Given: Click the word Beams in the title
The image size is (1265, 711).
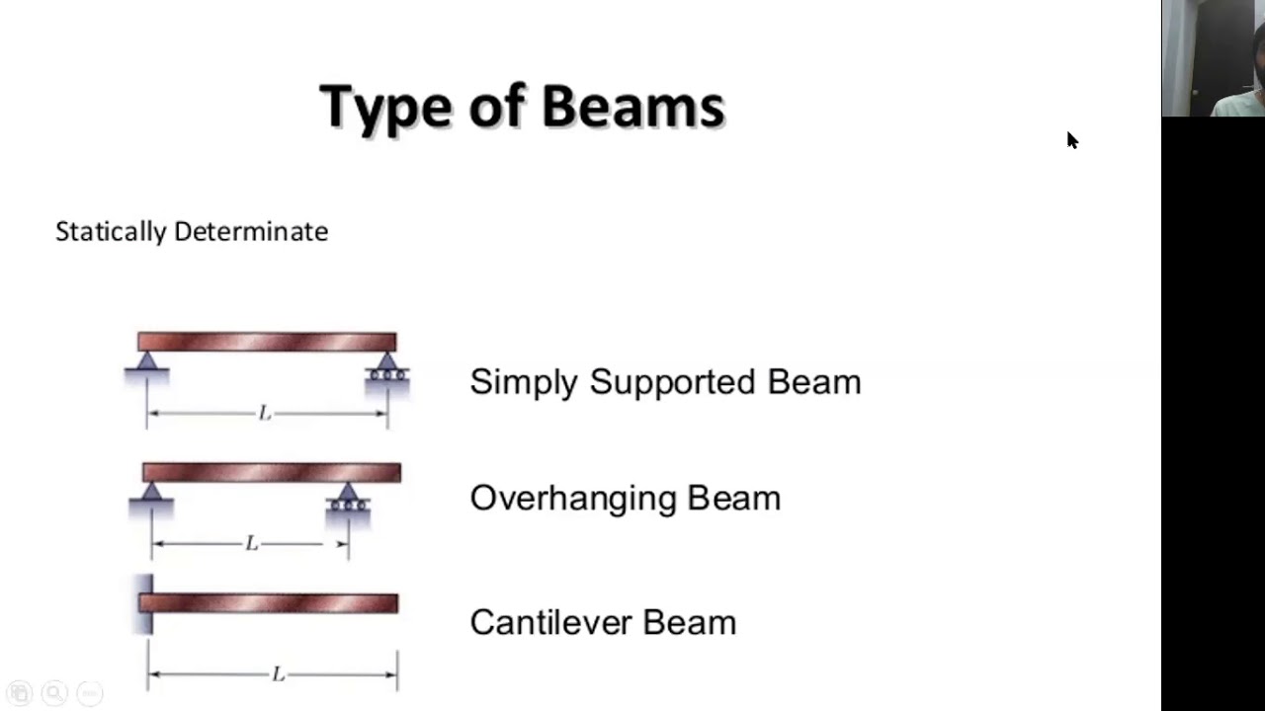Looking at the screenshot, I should tap(632, 107).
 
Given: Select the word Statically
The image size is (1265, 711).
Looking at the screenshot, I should tap(111, 232).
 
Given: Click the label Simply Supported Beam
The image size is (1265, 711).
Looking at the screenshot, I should tap(665, 382).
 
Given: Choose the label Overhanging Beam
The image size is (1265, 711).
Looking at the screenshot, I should tap(625, 498).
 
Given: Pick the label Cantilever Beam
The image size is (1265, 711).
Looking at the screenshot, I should tap(603, 622).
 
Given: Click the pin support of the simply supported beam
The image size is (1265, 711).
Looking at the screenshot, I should tap(147, 364).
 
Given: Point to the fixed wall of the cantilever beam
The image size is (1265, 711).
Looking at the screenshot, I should tap(144, 603).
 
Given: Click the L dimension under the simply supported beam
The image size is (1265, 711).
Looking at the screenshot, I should tap(265, 414).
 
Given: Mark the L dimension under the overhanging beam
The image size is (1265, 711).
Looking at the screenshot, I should tap(251, 544).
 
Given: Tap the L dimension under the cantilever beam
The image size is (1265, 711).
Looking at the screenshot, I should tap(279, 674).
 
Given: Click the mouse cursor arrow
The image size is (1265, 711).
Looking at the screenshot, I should tap(1072, 139).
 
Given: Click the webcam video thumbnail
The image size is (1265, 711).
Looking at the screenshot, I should tap(1213, 58).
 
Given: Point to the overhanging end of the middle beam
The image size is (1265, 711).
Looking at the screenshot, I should tap(380, 473).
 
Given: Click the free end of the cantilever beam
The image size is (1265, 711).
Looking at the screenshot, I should tap(394, 603).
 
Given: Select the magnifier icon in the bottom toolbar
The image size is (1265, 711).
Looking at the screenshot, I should tap(54, 693).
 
